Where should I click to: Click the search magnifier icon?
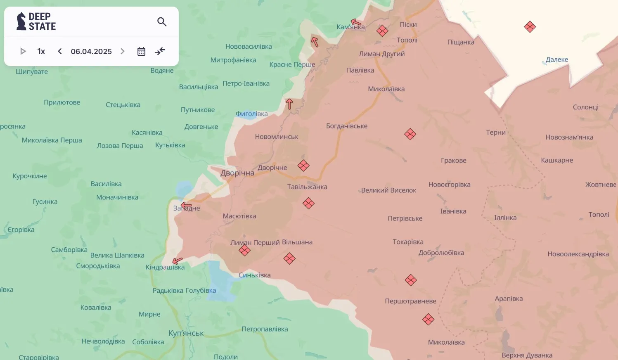pyautogui.click(x=162, y=22)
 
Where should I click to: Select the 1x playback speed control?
pyautogui.click(x=41, y=51)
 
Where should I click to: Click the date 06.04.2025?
pyautogui.click(x=91, y=51)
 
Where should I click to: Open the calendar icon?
pyautogui.click(x=141, y=51)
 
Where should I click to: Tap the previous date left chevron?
pyautogui.click(x=60, y=51)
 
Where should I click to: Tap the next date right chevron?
pyautogui.click(x=123, y=51)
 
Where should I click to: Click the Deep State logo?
pyautogui.click(x=36, y=21)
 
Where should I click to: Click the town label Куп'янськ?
pyautogui.click(x=186, y=333)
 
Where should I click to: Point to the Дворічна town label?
pyautogui.click(x=237, y=173)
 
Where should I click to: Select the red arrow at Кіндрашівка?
pyautogui.click(x=178, y=261)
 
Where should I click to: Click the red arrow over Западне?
pyautogui.click(x=186, y=205)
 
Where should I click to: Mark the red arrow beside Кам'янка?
pyautogui.click(x=356, y=22)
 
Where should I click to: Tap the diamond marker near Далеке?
pyautogui.click(x=530, y=27)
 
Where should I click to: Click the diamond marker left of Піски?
pyautogui.click(x=382, y=31)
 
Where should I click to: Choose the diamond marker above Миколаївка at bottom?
pyautogui.click(x=428, y=319)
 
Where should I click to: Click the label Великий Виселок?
pyautogui.click(x=388, y=190)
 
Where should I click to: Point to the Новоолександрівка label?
pyautogui.click(x=578, y=254)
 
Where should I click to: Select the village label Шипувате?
pyautogui.click(x=32, y=71)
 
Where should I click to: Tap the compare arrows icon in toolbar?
pyautogui.click(x=160, y=51)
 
